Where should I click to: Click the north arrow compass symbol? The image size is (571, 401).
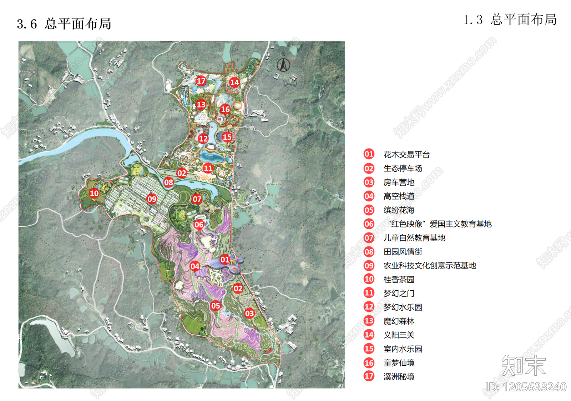click(x=283, y=64)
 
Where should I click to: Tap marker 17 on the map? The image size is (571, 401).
click(x=201, y=81)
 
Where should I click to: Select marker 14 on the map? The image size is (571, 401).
click(x=234, y=82)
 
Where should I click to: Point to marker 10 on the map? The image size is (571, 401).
click(x=94, y=194)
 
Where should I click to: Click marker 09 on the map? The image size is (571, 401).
click(x=152, y=199)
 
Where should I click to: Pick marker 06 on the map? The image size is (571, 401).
click(x=199, y=225)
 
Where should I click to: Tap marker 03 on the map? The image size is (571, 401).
click(x=249, y=314)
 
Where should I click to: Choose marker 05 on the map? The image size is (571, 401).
click(x=216, y=306)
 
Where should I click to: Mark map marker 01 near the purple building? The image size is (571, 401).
click(x=225, y=260)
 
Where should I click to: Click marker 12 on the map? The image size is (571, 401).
click(x=203, y=139)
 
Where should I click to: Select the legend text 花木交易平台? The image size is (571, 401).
click(x=406, y=155)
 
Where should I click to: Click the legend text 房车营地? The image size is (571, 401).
click(x=399, y=182)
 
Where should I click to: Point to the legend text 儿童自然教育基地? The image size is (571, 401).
click(x=414, y=238)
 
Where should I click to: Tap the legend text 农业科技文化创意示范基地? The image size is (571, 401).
click(x=430, y=266)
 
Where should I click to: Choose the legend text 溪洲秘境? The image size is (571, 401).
click(x=399, y=377)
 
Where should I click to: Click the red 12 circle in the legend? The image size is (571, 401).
click(x=369, y=307)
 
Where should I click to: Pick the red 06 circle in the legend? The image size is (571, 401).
click(x=369, y=224)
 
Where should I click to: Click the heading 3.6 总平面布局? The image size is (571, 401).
click(x=64, y=24)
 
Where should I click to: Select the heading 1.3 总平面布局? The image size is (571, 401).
click(x=510, y=20)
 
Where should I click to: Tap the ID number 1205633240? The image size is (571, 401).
click(x=526, y=387)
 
